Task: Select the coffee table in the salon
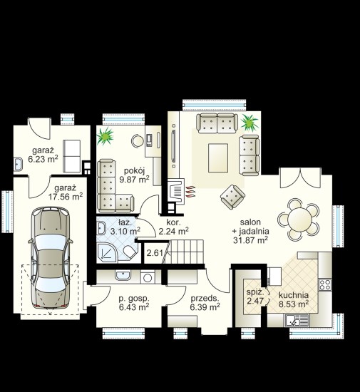point(218,158)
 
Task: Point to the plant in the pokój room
point(105,136)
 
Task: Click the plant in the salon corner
point(250,122)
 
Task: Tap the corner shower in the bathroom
point(107,252)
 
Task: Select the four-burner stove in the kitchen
point(325,284)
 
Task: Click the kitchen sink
point(297,320)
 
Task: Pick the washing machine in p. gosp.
point(148,277)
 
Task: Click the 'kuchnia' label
point(294,295)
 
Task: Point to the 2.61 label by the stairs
point(155,253)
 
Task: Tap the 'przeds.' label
point(205,299)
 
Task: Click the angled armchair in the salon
point(232,197)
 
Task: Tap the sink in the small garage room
point(18,164)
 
